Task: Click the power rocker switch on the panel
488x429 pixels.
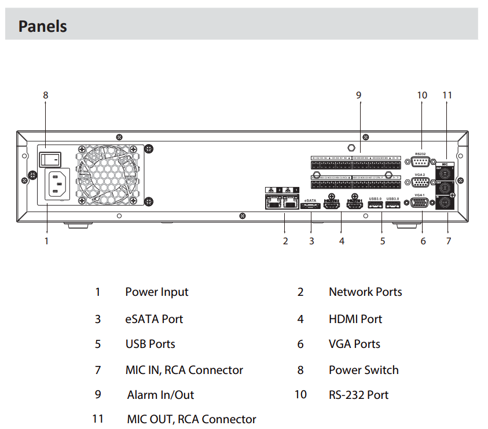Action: coord(50,158)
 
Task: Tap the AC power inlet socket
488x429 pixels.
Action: coord(54,184)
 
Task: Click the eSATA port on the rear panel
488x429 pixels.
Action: coord(310,206)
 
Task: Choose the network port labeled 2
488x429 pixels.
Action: coord(272,203)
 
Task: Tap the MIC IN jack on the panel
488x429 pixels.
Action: coord(445,204)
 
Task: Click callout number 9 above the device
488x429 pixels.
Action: coord(359,95)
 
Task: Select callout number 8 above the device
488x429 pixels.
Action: coord(46,95)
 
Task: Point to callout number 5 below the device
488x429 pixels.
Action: coord(383,241)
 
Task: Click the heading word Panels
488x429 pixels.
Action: coord(43,26)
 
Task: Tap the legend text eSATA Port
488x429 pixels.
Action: coord(154,319)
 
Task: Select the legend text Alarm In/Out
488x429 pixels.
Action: coord(160,395)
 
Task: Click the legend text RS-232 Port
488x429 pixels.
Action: coord(358,395)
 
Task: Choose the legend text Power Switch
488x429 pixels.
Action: coord(364,370)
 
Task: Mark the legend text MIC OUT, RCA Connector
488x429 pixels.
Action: coord(191,419)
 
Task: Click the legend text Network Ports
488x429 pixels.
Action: coord(365,292)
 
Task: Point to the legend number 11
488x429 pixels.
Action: coord(98,419)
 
